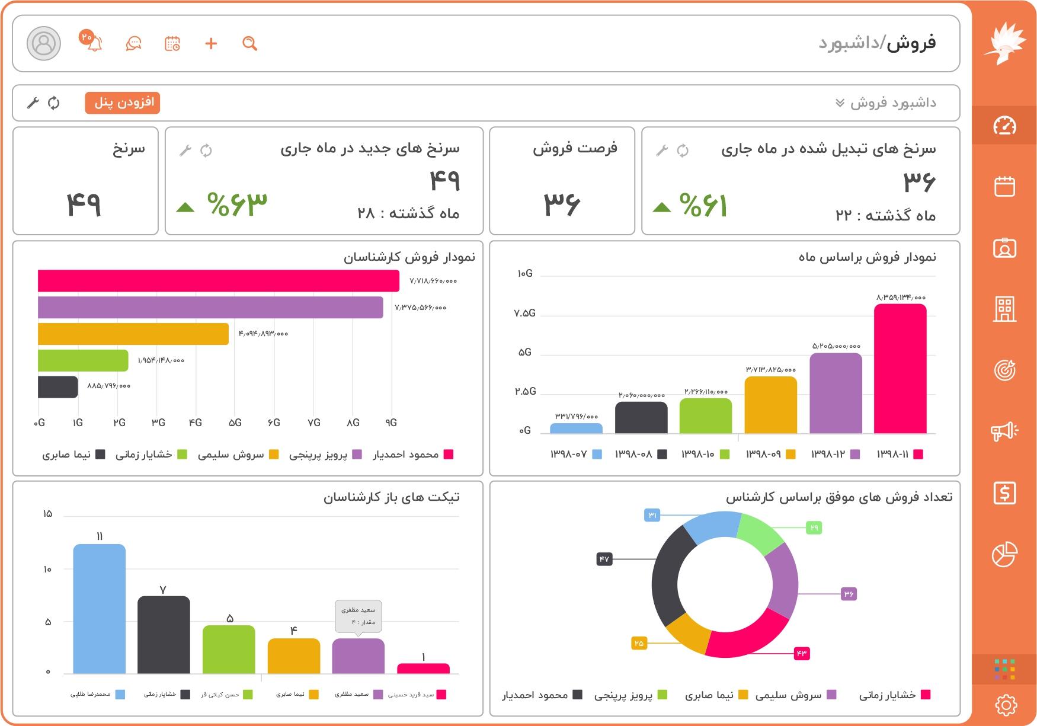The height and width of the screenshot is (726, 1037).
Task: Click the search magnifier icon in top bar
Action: click(249, 43)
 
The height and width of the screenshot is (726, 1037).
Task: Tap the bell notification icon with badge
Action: click(94, 43)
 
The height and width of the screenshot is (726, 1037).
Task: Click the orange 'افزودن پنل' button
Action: click(123, 103)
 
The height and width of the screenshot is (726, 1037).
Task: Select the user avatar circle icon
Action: click(44, 43)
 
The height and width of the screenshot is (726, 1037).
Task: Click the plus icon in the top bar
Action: click(211, 43)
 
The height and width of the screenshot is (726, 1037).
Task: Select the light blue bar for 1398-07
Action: click(576, 428)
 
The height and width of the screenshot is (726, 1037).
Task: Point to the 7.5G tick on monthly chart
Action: click(525, 313)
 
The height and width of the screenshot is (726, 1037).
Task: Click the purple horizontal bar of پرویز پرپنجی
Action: click(210, 307)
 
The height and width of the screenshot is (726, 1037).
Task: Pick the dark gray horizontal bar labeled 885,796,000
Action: click(57, 387)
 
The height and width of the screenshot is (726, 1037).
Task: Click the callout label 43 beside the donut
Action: click(801, 653)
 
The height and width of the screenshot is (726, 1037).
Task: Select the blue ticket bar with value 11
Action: click(99, 609)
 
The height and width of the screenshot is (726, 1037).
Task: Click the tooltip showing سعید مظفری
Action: click(358, 616)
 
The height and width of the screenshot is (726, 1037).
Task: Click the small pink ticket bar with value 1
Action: click(423, 669)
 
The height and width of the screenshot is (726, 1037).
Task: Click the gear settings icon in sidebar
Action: click(1005, 705)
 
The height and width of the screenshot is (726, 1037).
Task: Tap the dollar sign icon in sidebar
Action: click(1004, 493)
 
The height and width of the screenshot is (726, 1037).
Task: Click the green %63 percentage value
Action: click(237, 204)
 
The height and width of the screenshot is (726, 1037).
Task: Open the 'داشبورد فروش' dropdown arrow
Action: click(840, 103)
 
